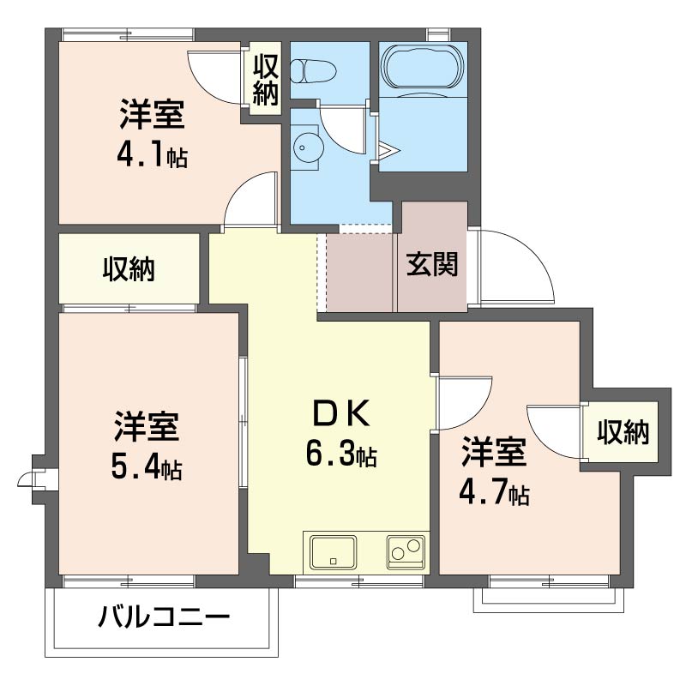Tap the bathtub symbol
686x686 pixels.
[421, 68]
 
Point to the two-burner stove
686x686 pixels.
[406, 551]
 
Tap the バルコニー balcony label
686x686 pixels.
[164, 617]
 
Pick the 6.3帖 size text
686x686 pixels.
[340, 454]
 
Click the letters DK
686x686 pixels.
[340, 414]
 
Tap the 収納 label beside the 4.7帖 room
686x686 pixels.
[623, 433]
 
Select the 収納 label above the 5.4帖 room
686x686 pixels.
[129, 269]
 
